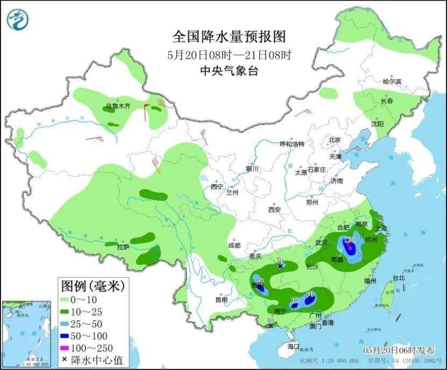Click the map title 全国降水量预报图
[229, 37]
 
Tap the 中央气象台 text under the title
[229, 71]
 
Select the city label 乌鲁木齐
[118, 107]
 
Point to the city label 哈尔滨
[392, 81]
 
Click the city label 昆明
[221, 299]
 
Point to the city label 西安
[275, 210]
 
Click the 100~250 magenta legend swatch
[67, 348]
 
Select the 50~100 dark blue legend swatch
[67, 336]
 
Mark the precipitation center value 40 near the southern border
[271, 321]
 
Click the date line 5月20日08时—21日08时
[229, 55]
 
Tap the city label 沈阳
[378, 124]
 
